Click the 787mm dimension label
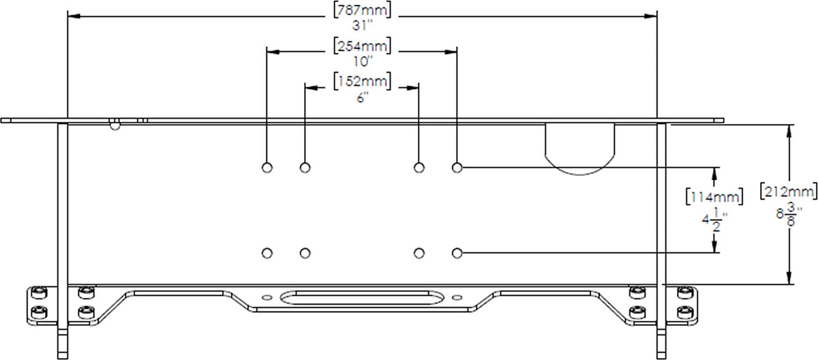(362, 10)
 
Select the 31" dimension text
(362, 25)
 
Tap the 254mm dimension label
(362, 46)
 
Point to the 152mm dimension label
(362, 81)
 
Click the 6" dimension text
(362, 97)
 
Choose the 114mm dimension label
(714, 197)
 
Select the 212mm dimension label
(789, 192)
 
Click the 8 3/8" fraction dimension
(789, 214)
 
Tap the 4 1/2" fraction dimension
(714, 220)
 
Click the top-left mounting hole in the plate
(267, 168)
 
